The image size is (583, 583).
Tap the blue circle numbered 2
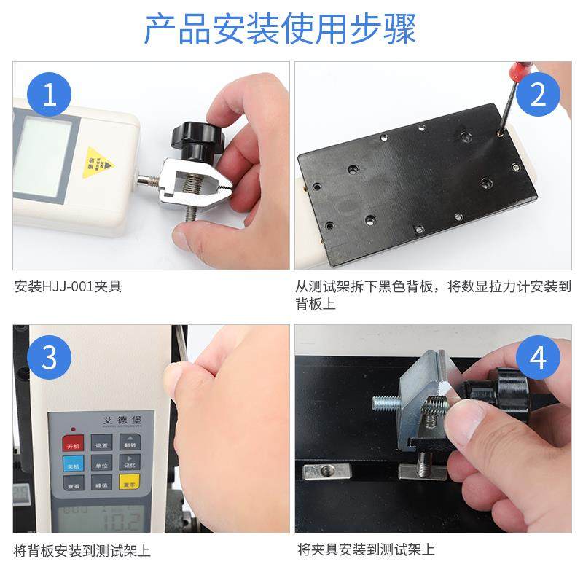tap(539, 95)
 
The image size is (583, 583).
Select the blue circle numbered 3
tap(49, 358)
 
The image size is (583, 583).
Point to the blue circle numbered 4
tap(539, 358)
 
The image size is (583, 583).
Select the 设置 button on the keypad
tap(102, 445)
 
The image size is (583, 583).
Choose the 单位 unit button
tap(102, 465)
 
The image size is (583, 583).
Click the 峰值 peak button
tap(102, 485)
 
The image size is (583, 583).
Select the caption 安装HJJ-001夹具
tap(68, 286)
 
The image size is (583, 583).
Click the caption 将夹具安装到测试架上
tap(366, 550)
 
